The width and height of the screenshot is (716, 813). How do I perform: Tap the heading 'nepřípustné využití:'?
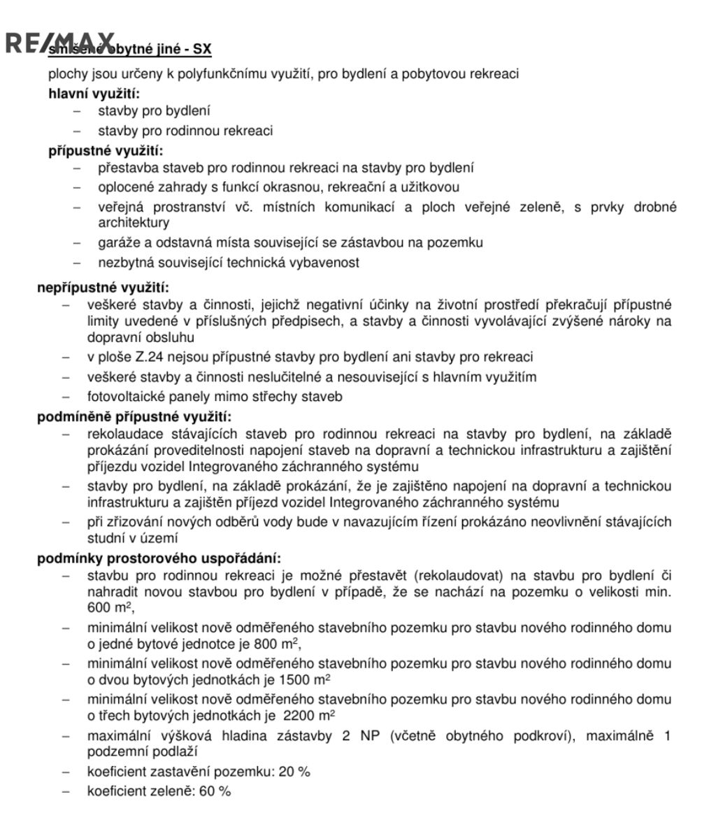tap(103, 287)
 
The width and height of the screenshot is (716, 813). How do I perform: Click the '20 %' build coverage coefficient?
tap(293, 772)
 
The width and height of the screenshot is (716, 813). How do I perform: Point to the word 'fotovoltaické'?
tap(122, 397)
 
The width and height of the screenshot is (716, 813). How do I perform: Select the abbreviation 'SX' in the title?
tap(202, 50)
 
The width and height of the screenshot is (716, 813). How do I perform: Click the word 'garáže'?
tap(117, 242)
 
